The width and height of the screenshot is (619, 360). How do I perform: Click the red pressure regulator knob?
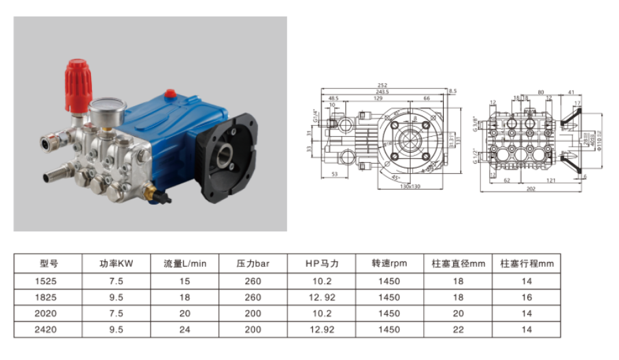tap(76, 86)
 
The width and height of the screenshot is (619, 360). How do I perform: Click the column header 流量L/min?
tap(184, 263)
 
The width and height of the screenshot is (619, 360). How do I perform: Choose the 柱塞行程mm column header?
tap(526, 263)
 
